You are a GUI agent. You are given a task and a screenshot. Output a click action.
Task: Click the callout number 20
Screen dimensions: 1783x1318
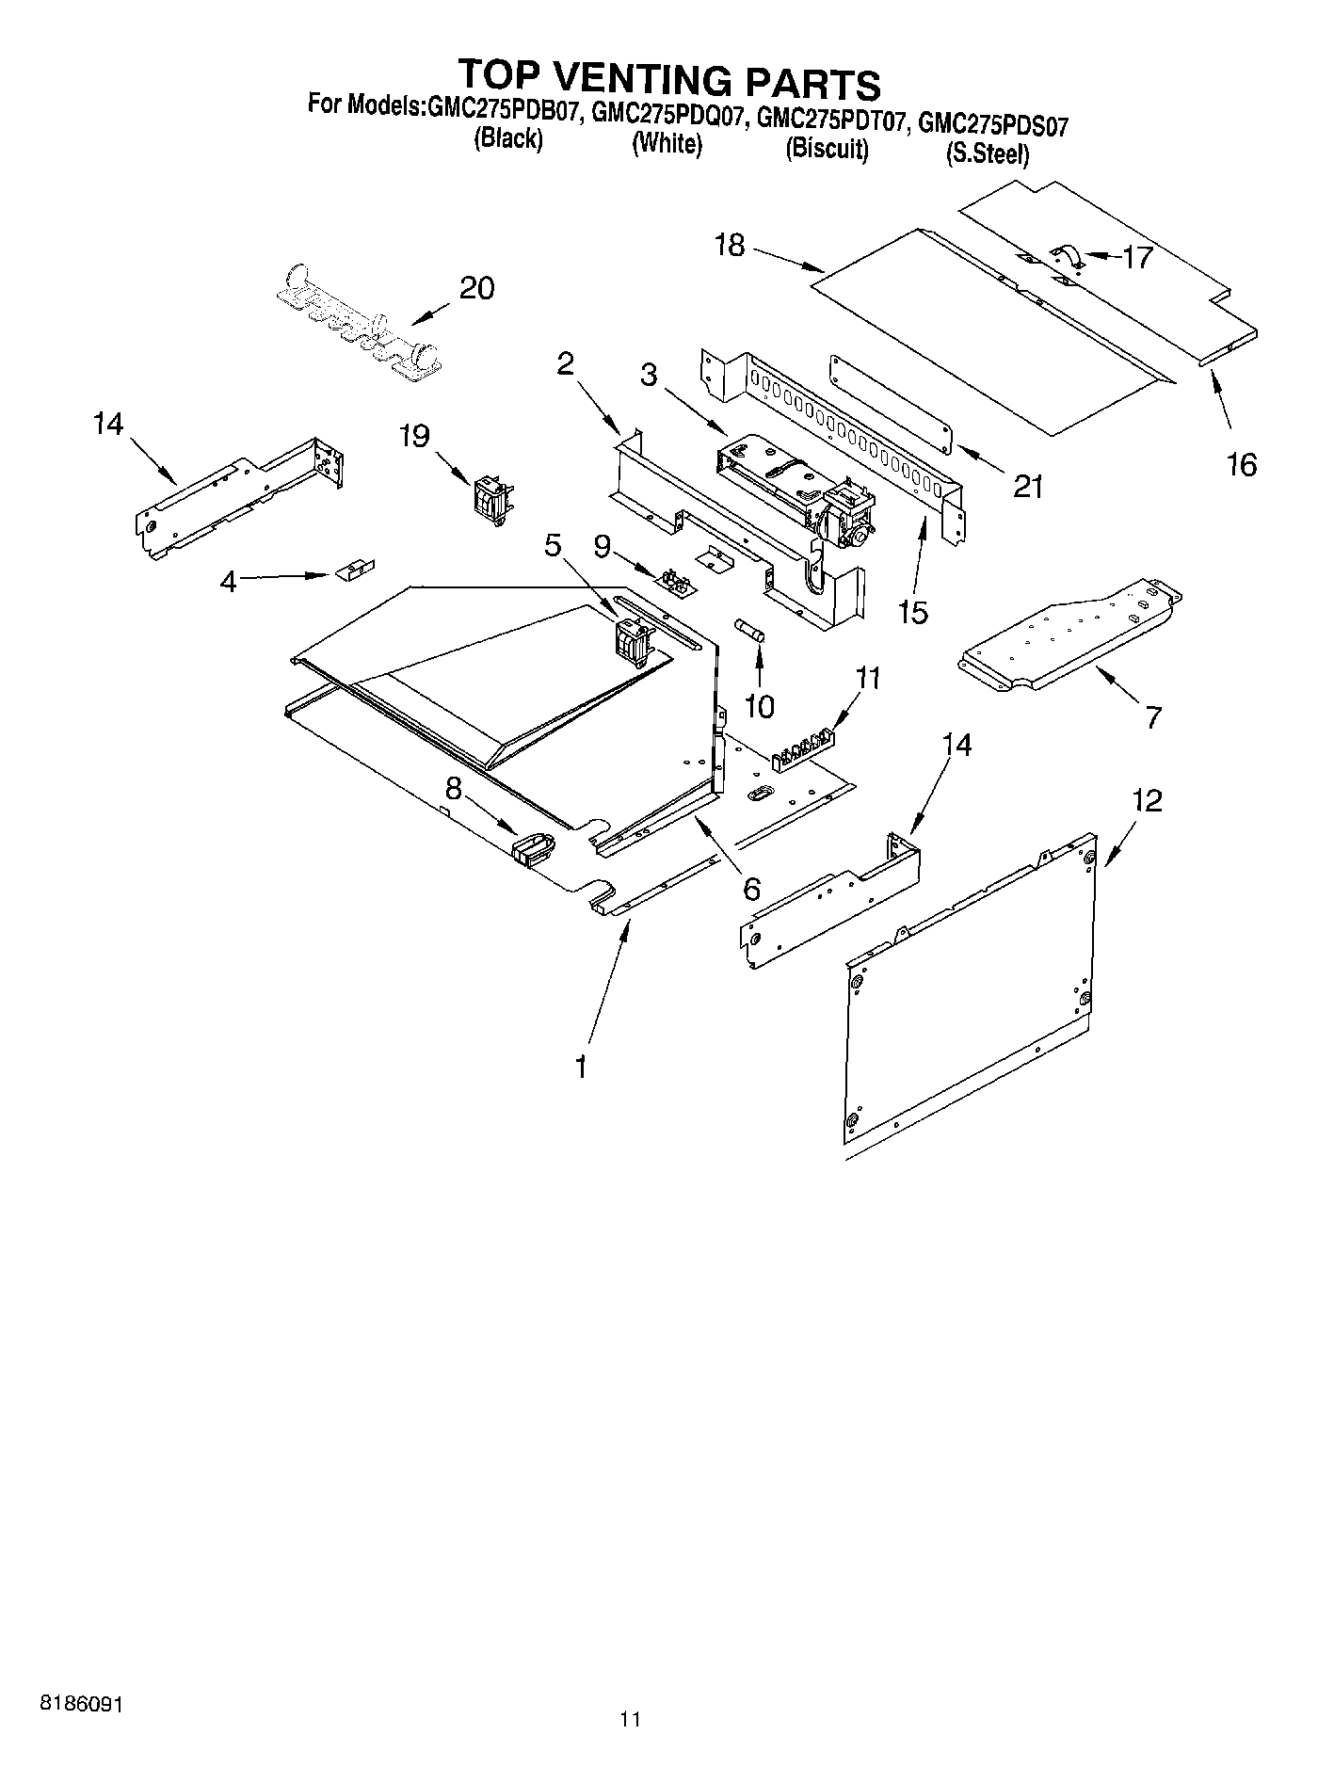click(x=476, y=288)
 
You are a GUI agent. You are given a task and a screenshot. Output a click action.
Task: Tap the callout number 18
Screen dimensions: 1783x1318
click(x=730, y=246)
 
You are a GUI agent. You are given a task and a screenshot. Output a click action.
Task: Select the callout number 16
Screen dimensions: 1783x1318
click(x=1242, y=464)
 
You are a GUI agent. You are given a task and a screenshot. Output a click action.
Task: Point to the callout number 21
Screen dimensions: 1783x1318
click(x=1028, y=486)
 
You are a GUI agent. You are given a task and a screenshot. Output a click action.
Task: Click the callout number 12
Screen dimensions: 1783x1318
click(x=1148, y=801)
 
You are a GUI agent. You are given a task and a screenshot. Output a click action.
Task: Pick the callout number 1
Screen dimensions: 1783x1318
click(x=582, y=1068)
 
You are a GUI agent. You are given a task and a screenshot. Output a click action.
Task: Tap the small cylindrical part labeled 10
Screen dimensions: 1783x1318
click(x=751, y=631)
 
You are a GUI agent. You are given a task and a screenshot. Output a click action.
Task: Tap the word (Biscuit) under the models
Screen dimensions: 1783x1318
click(x=827, y=150)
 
